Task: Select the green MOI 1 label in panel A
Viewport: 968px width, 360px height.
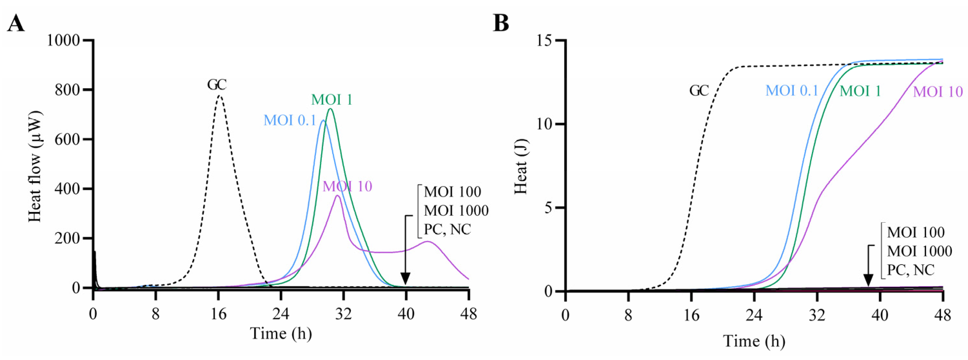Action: point(331,100)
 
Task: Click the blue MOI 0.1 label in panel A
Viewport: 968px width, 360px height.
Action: point(289,120)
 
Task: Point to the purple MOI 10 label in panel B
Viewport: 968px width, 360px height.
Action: point(938,91)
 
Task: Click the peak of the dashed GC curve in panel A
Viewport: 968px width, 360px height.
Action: point(220,96)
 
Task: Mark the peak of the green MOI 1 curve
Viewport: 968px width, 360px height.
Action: point(331,109)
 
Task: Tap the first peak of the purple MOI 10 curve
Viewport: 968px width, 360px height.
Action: point(338,196)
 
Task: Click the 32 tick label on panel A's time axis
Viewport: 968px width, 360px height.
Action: point(343,314)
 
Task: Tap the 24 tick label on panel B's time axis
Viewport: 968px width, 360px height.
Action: point(754,315)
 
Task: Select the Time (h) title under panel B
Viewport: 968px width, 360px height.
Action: point(754,341)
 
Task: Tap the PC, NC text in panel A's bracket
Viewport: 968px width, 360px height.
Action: point(447,229)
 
